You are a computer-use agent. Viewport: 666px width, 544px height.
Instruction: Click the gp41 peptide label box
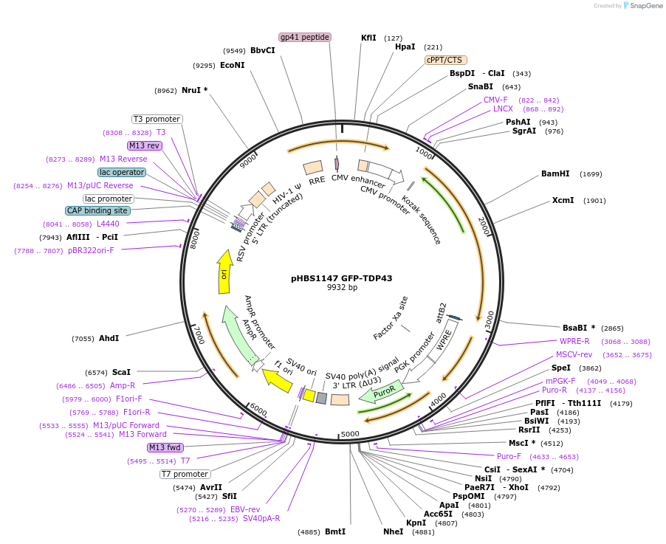click(x=305, y=37)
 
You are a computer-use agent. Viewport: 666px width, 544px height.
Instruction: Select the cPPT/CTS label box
click(x=446, y=60)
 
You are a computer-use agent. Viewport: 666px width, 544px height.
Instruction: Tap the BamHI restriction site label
click(x=555, y=174)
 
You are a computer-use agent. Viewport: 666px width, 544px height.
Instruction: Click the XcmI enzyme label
click(x=563, y=200)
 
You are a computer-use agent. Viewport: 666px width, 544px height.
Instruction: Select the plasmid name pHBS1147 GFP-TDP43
click(x=342, y=278)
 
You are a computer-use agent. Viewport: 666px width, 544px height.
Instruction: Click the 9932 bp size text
click(x=342, y=288)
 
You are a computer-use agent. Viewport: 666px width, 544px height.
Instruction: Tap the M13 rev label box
click(x=144, y=145)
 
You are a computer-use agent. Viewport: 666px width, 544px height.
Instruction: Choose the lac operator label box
click(x=123, y=172)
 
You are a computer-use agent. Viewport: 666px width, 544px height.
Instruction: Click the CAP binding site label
click(x=97, y=210)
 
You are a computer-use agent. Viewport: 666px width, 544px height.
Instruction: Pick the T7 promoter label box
click(x=185, y=474)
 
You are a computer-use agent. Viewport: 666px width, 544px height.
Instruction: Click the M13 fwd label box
click(x=165, y=447)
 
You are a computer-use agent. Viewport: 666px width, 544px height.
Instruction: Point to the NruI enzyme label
click(x=191, y=91)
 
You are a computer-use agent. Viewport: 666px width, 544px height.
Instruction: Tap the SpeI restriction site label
click(x=561, y=368)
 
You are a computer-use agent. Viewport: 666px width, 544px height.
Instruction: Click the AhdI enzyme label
click(x=109, y=338)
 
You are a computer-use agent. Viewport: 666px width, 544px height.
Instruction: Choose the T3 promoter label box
click(x=157, y=119)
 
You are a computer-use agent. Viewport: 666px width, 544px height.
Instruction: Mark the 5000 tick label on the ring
click(x=350, y=433)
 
